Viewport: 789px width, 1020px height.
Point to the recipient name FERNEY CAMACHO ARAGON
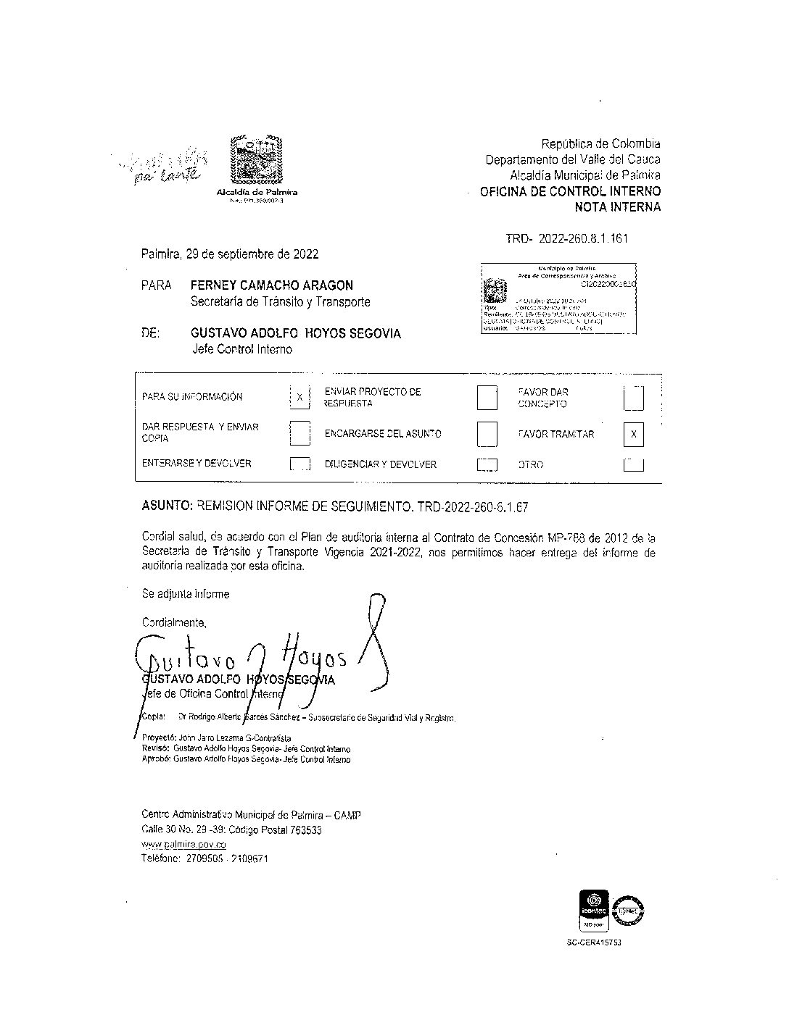tap(272, 285)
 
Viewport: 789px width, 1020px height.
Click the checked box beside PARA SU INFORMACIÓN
tap(300, 397)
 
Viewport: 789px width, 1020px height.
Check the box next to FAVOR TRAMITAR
tap(633, 434)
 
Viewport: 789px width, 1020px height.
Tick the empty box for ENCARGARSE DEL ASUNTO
tap(487, 434)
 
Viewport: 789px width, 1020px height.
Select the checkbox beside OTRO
tap(633, 464)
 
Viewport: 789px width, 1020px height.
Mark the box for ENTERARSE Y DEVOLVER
tap(300, 464)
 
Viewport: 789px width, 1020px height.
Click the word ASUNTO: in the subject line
tap(166, 507)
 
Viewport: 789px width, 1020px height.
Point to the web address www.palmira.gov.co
tap(184, 845)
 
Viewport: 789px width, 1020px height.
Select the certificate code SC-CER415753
tap(594, 943)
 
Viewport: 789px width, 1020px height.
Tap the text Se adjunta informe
tap(186, 594)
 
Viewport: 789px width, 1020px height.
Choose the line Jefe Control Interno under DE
tap(242, 349)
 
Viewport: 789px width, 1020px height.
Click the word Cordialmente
tap(174, 622)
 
